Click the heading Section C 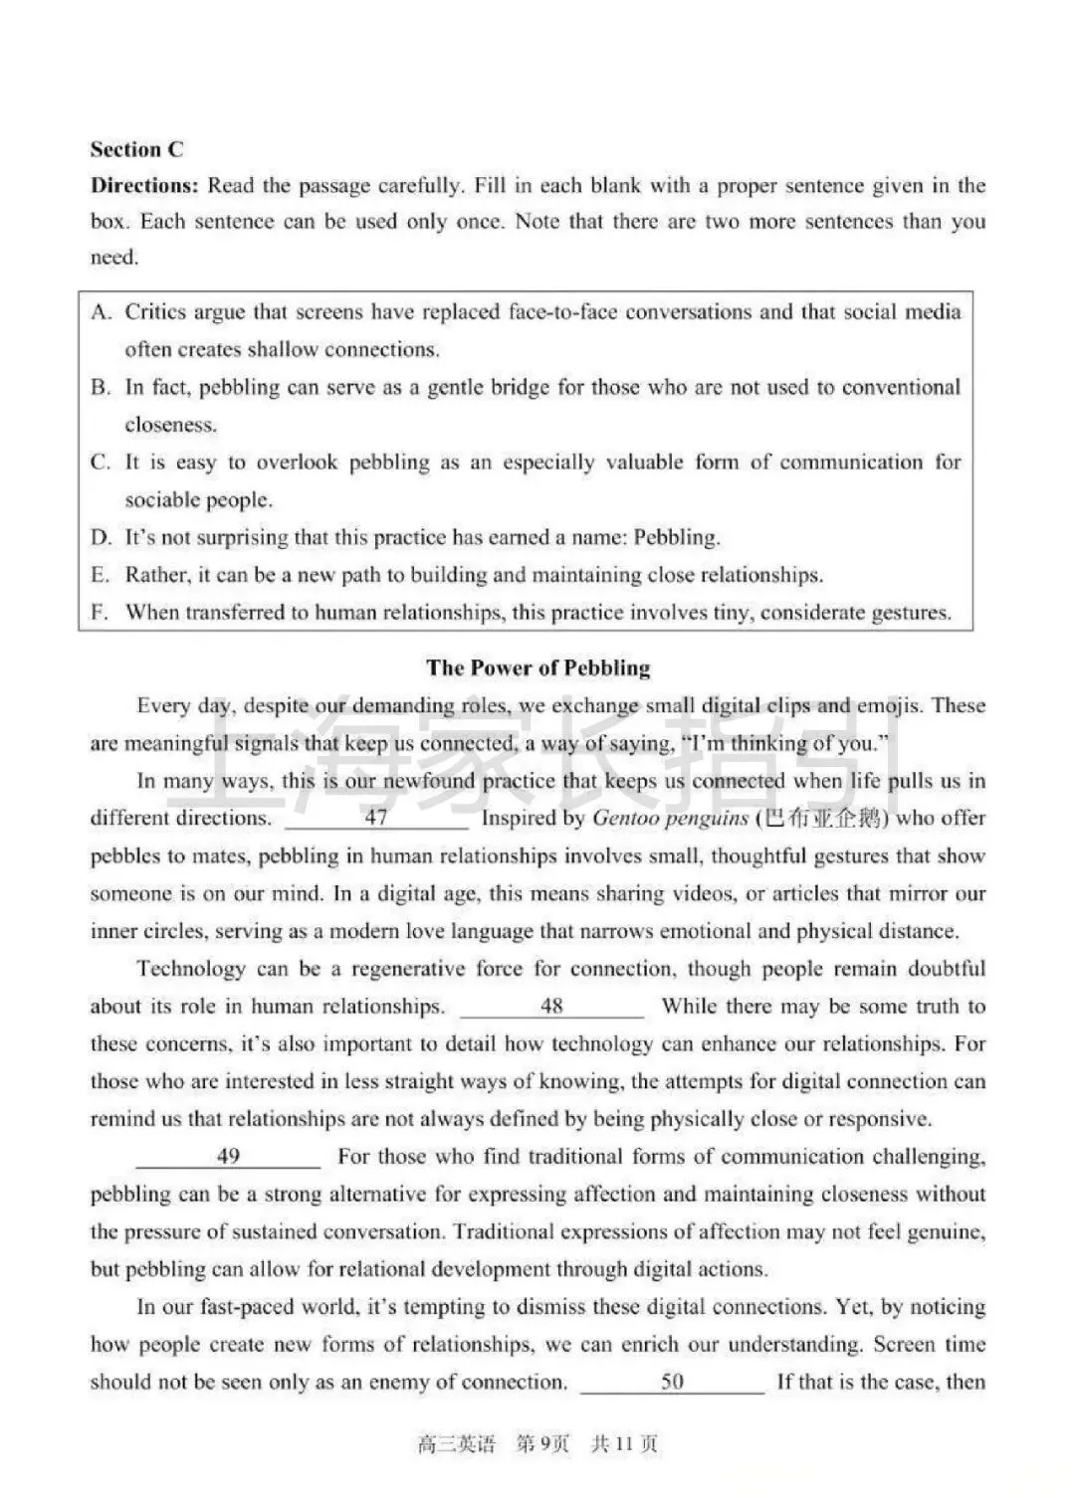point(136,149)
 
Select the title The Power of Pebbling point(537,667)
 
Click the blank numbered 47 point(376,819)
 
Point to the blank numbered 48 point(551,1007)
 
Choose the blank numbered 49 point(228,1157)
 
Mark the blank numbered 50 point(672,1382)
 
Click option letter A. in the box point(101,312)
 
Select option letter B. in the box point(101,388)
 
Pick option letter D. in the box point(101,538)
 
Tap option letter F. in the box point(100,613)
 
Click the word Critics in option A point(155,312)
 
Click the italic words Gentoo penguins point(670,819)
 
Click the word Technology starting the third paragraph point(190,969)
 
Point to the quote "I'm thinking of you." point(784,744)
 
